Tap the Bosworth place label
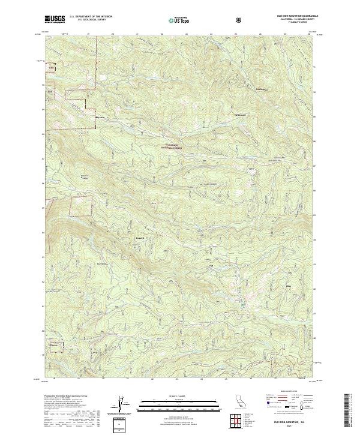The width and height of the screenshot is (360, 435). [x=138, y=238]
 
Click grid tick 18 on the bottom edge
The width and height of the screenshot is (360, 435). [x=55, y=379]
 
